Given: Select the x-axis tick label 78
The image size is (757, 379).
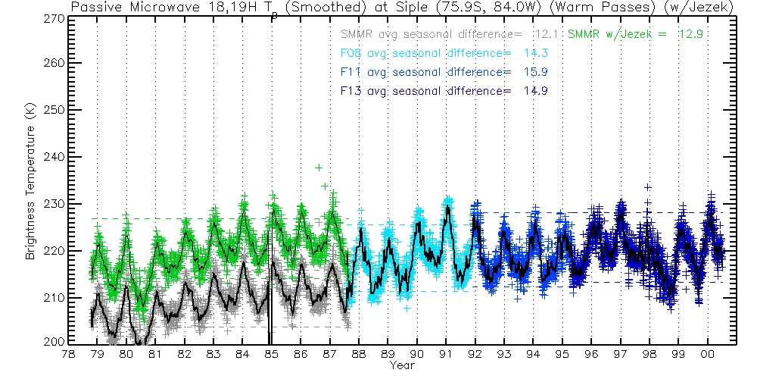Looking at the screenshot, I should [68, 354].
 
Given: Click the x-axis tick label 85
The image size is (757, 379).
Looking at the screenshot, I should [271, 354].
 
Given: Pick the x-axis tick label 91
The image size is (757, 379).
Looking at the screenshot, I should [445, 354].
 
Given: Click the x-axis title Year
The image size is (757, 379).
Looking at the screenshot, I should [401, 365].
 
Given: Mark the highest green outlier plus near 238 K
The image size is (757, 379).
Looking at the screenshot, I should [319, 168].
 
